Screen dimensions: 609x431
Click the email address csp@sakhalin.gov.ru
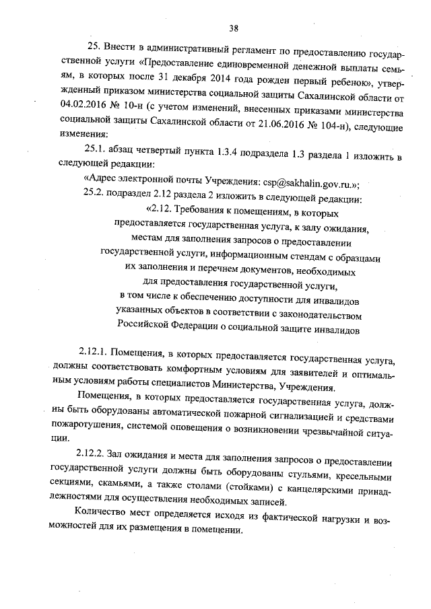(x=304, y=184)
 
